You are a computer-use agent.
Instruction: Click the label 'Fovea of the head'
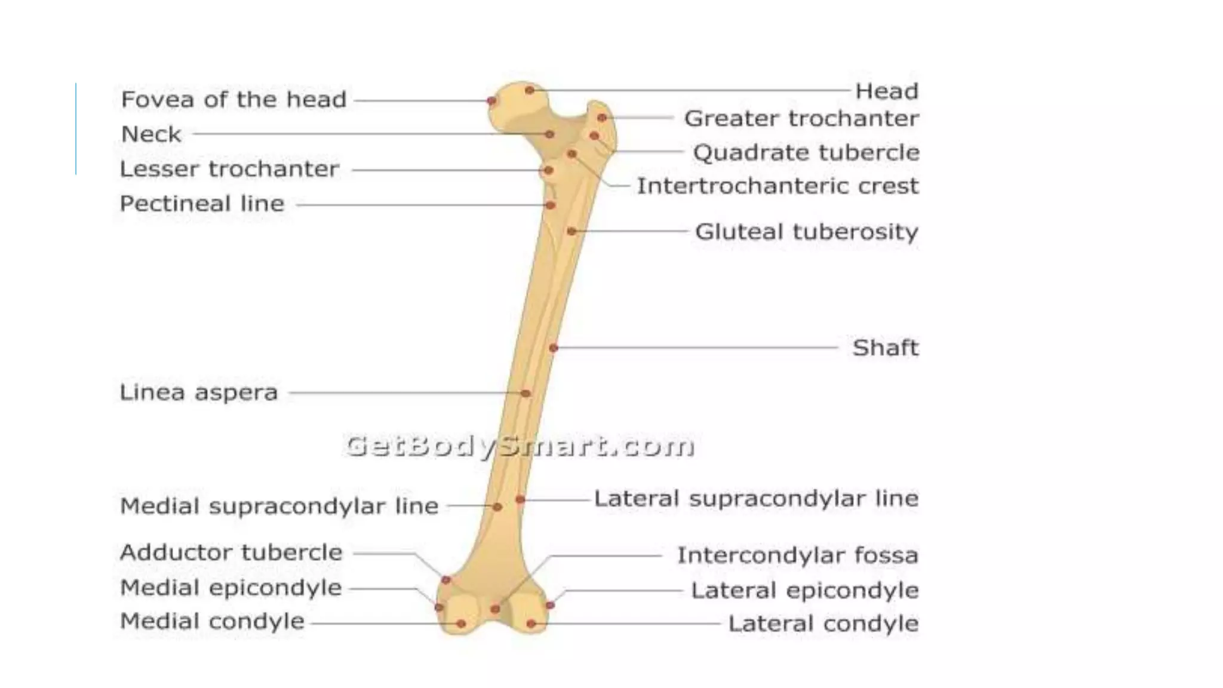pyautogui.click(x=233, y=99)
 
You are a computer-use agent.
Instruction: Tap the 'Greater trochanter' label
pyautogui.click(x=801, y=118)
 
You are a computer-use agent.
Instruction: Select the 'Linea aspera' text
pyautogui.click(x=199, y=392)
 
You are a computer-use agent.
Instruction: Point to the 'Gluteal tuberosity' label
pyautogui.click(x=806, y=231)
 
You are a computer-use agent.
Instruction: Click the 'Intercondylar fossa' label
pyautogui.click(x=797, y=555)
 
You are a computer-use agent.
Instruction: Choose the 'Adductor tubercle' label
pyautogui.click(x=231, y=552)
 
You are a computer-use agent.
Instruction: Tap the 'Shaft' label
pyautogui.click(x=885, y=347)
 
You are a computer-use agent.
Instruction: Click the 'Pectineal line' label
pyautogui.click(x=202, y=204)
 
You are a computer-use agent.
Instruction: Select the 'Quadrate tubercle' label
pyautogui.click(x=806, y=152)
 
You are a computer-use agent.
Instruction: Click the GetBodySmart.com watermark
pyautogui.click(x=520, y=446)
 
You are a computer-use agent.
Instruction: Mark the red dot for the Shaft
pyautogui.click(x=554, y=348)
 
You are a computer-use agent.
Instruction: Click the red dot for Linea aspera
pyautogui.click(x=526, y=393)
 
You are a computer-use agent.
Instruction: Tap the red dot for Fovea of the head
pyautogui.click(x=491, y=100)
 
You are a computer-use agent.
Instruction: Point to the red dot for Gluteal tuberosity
pyautogui.click(x=571, y=231)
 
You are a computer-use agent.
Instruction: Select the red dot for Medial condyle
pyautogui.click(x=461, y=623)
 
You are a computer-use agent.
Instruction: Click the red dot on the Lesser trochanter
pyautogui.click(x=548, y=171)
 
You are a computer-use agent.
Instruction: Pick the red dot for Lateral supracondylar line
pyautogui.click(x=520, y=499)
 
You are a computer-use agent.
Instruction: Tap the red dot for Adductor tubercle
pyautogui.click(x=445, y=580)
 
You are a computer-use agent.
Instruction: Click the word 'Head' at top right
pyautogui.click(x=886, y=91)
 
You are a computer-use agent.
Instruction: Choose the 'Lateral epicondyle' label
pyautogui.click(x=804, y=590)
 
